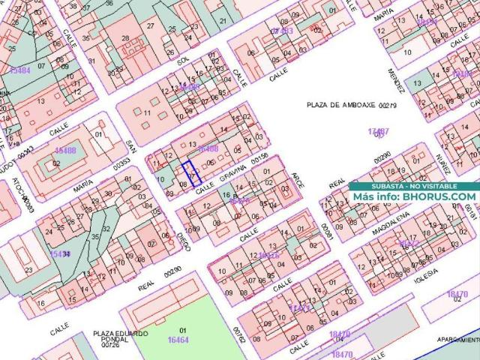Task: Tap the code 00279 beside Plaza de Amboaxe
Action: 387,106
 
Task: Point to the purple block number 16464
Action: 178,340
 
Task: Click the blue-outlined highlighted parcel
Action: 192,173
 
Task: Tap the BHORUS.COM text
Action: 439,196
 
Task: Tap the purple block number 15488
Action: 65,151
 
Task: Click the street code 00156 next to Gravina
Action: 259,159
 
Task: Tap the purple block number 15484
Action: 20,70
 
